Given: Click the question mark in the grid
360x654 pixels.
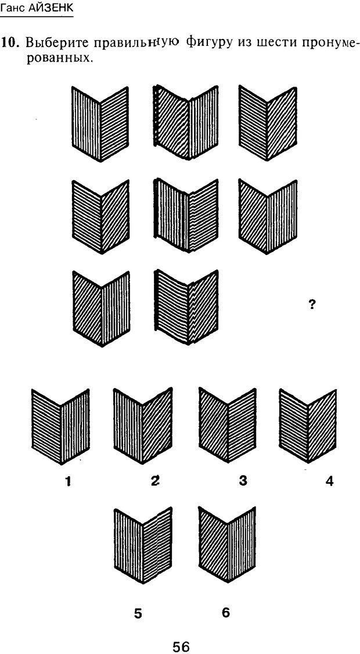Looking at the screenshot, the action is click(312, 304).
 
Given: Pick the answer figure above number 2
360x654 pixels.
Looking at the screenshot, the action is click(143, 426).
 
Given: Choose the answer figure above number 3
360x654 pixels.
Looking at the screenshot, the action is click(228, 425).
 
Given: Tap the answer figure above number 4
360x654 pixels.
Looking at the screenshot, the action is click(308, 426).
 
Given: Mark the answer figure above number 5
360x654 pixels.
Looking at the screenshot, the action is click(143, 545).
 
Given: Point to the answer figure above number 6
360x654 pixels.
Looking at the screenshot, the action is click(228, 545).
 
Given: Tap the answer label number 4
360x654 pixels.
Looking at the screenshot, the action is click(329, 481).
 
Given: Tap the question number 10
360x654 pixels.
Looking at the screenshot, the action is click(11, 42).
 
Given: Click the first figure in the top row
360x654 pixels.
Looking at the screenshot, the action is click(100, 124).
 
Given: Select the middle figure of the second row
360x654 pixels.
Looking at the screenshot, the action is click(186, 215).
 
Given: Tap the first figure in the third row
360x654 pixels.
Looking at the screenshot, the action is click(101, 308).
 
